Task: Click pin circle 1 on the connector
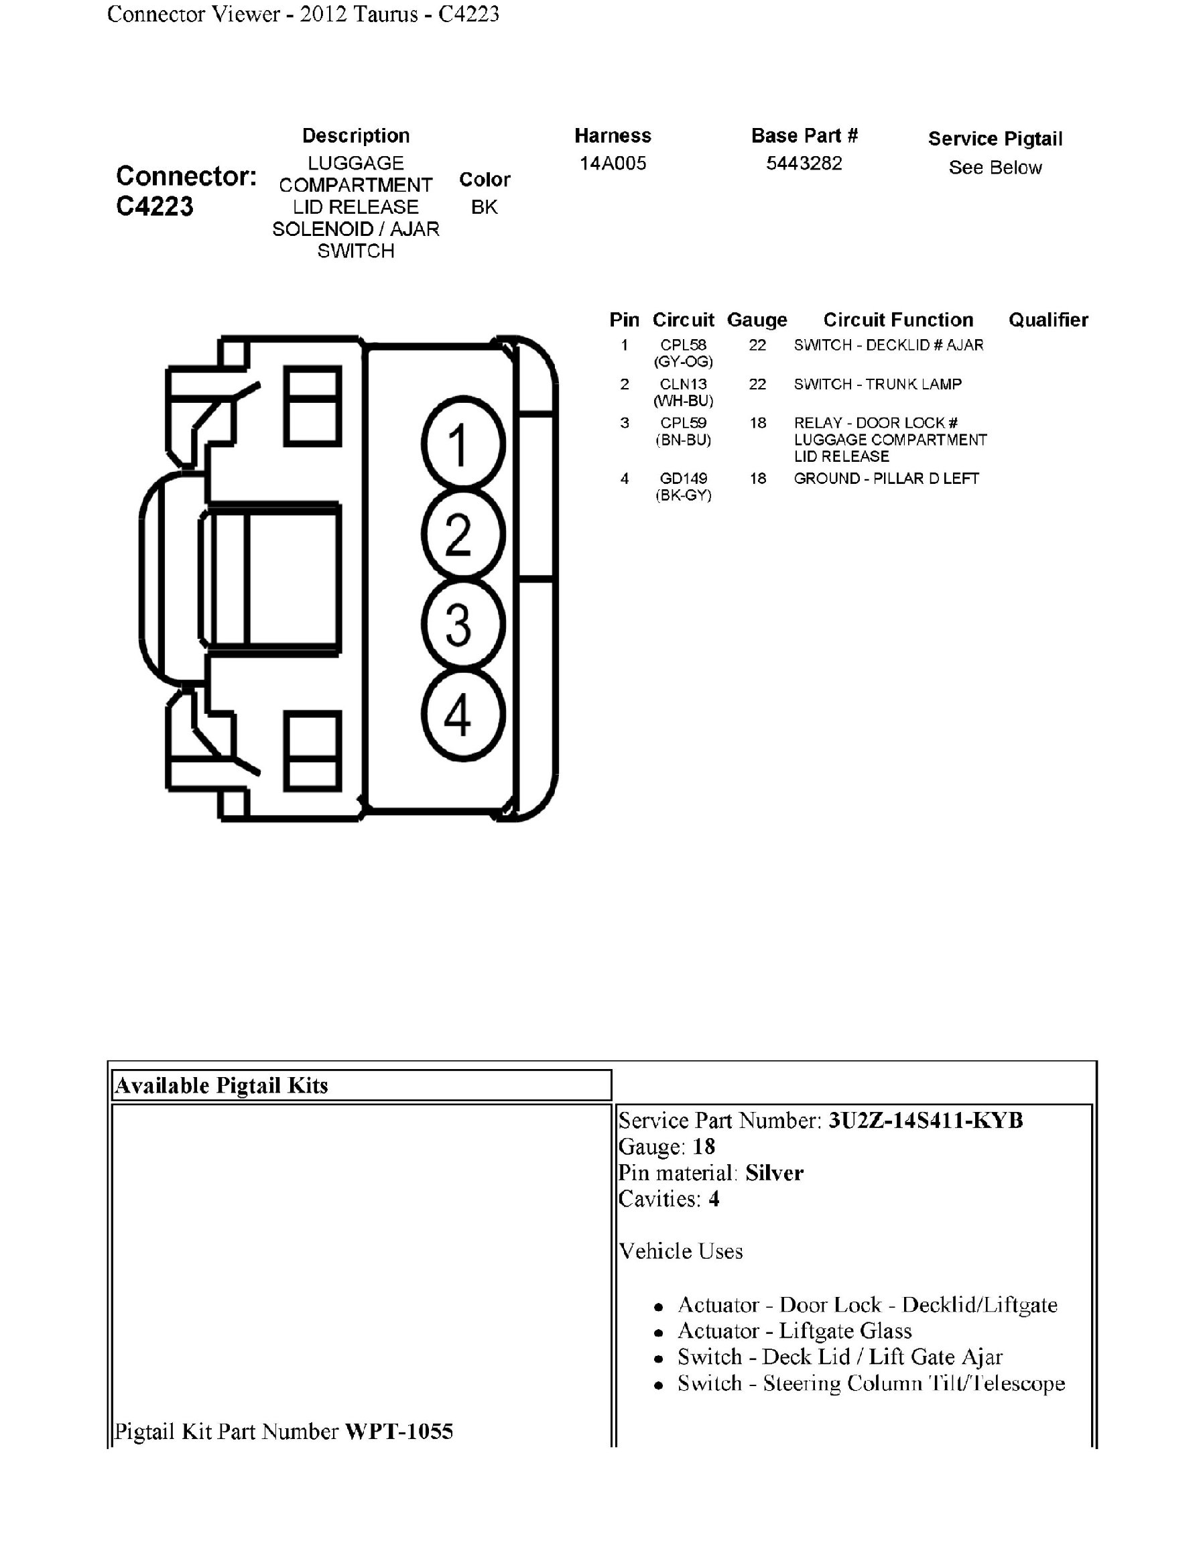tap(462, 444)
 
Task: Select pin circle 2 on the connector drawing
tap(462, 534)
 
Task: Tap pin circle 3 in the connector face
tap(462, 624)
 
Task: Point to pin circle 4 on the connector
tap(462, 714)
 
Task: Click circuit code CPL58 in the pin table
tap(683, 346)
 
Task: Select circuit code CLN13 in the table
tap(683, 384)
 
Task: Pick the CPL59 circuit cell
tap(683, 424)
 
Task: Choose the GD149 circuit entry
tap(683, 479)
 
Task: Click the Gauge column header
tap(757, 320)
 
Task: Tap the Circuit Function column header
tap(898, 320)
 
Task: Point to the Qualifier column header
tap(1048, 320)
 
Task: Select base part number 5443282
tap(804, 164)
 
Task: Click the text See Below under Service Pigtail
tap(995, 168)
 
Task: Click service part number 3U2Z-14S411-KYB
tap(925, 1121)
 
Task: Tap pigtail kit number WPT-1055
tap(398, 1432)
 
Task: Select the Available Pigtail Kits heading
tap(222, 1086)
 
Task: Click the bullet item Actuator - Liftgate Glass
tap(795, 1331)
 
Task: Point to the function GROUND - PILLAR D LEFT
tap(886, 479)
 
